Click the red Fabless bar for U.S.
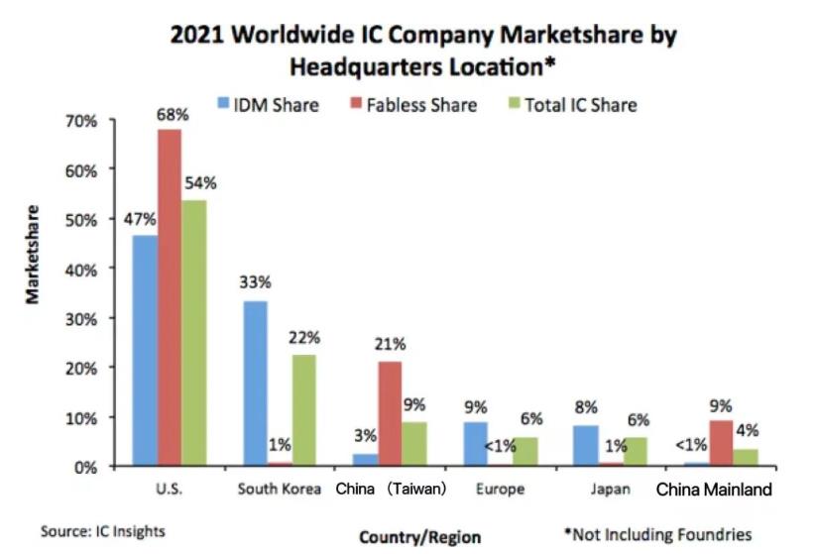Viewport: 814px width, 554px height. tap(169, 297)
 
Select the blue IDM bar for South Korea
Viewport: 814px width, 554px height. tap(255, 383)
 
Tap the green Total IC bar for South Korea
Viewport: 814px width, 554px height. tap(303, 410)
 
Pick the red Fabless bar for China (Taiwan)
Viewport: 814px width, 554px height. tap(363, 413)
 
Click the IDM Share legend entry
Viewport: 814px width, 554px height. tap(269, 104)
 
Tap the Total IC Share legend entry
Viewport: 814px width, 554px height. tap(574, 104)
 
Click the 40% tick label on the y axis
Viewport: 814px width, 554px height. tap(81, 269)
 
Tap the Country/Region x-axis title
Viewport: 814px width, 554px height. tap(419, 536)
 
